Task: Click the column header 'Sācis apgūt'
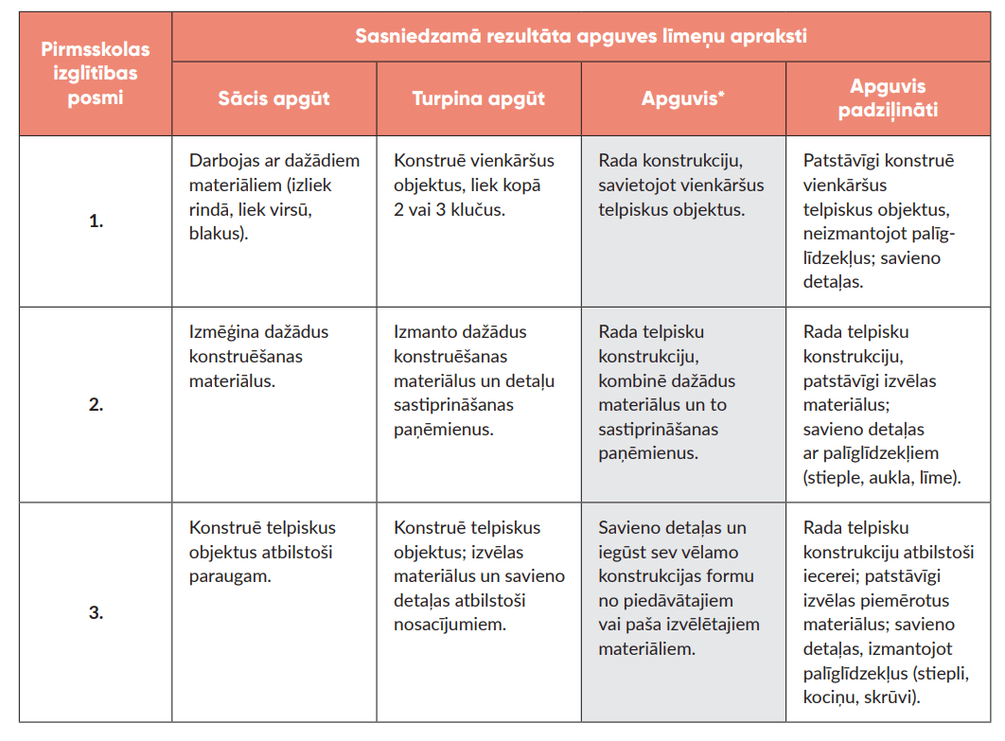[273, 98]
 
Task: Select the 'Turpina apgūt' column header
[479, 98]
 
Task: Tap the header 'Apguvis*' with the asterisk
[683, 98]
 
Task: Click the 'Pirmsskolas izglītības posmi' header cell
[96, 73]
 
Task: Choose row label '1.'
[96, 222]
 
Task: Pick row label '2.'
[96, 405]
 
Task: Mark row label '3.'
[96, 612]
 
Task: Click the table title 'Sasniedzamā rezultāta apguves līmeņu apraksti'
[581, 37]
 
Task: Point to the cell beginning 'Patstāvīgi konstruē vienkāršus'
[878, 221]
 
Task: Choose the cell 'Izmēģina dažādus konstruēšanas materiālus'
[258, 357]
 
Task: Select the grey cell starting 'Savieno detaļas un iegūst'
[679, 588]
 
